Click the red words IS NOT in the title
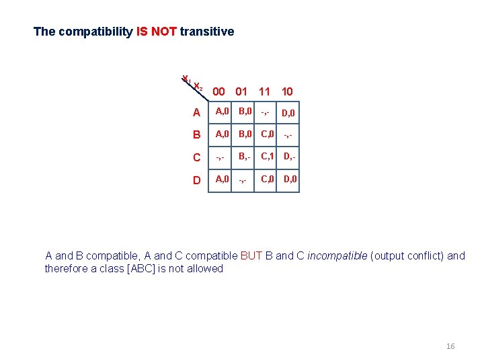156,32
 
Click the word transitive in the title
207,32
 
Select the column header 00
218,91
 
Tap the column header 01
241,91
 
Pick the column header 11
264,91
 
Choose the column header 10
287,91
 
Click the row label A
196,112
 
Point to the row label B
196,134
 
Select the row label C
196,157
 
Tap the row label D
196,180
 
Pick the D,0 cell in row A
288,113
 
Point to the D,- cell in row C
289,157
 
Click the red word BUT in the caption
251,255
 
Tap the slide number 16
450,346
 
